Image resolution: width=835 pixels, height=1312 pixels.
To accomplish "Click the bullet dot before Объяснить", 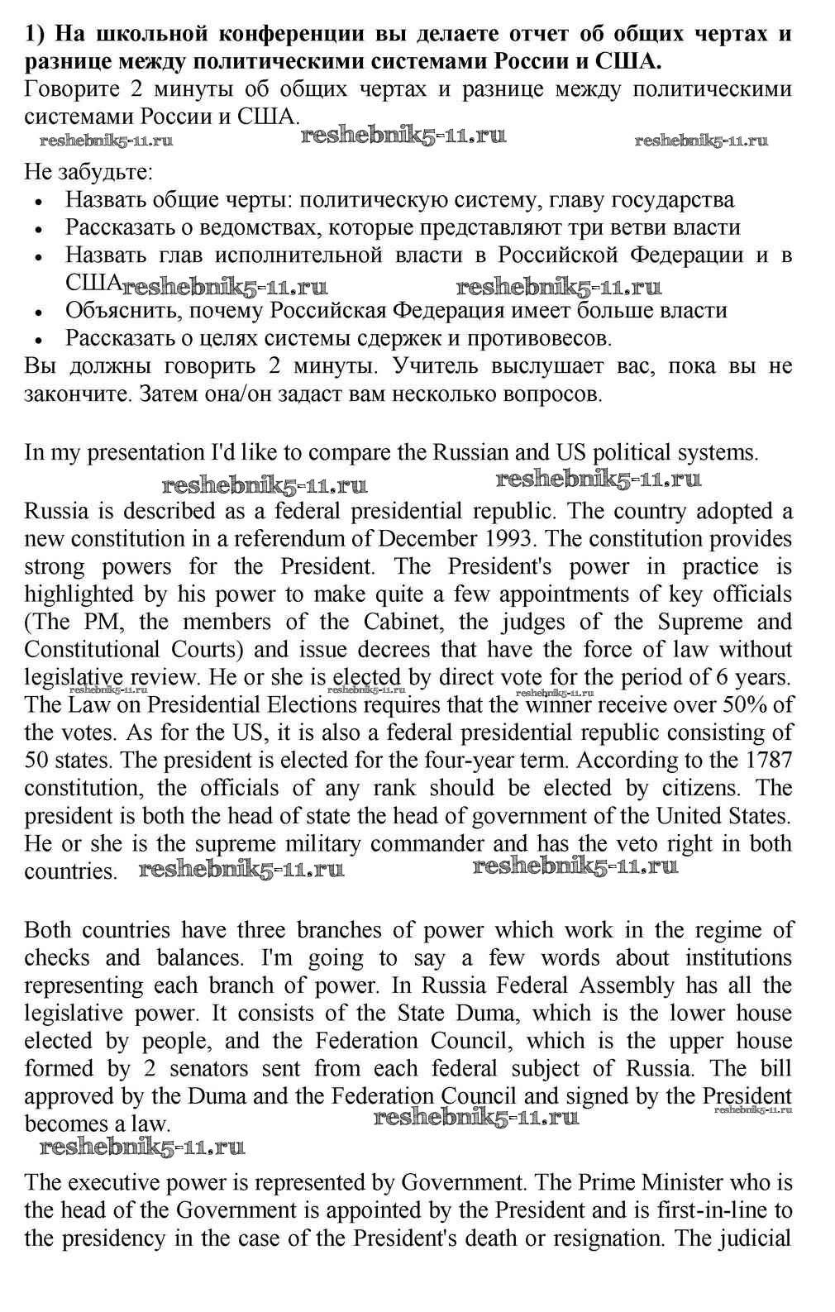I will [x=41, y=312].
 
